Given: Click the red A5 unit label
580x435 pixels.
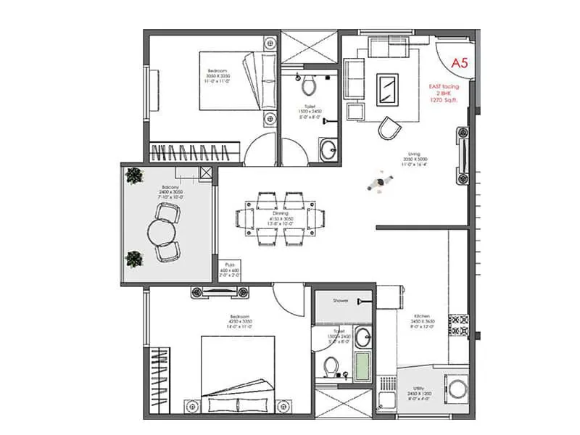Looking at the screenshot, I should (460, 63).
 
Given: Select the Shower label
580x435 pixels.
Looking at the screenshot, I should (341, 300).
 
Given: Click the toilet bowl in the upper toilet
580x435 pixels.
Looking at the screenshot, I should (309, 86).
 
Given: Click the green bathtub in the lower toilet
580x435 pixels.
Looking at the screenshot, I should (362, 362).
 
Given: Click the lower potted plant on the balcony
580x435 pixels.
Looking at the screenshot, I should (133, 257).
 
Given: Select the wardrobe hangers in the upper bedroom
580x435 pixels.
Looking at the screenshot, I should (194, 153).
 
